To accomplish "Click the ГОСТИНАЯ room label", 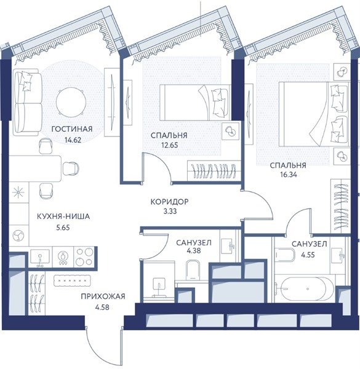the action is coord(72,129).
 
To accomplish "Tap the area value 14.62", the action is coord(73,140).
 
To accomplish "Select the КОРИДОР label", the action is coord(169,202).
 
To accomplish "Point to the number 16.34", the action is coord(288,175).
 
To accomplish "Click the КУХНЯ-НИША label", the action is coord(63,216).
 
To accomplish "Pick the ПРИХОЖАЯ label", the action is coord(103,296).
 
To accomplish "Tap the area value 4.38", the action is coord(194,251).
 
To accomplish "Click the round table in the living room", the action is coord(71,102).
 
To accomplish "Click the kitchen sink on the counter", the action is coord(40,257).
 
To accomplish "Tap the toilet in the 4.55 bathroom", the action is coord(286,255).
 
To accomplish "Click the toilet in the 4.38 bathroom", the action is coord(193,270).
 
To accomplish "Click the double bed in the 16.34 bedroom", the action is coord(314,114).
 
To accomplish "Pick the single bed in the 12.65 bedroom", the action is coord(194,103).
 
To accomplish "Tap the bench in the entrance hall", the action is coord(73,281).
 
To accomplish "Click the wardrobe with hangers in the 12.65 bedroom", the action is coord(214,170).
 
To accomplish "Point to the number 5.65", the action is coord(63,228).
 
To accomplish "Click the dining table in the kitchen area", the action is coord(35,169).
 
